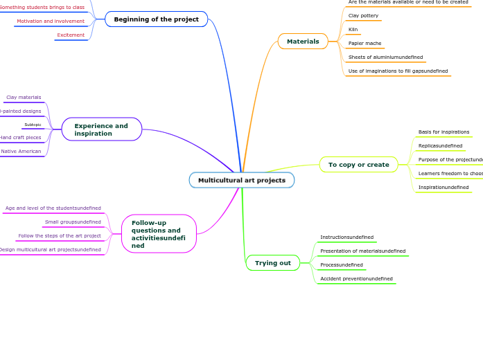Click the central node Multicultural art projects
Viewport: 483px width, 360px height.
click(241, 180)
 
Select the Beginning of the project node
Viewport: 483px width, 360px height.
click(156, 19)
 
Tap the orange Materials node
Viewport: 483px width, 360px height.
click(303, 42)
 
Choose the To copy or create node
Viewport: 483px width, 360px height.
click(358, 165)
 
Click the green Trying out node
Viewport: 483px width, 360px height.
click(272, 263)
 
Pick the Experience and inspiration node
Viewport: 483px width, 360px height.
click(101, 129)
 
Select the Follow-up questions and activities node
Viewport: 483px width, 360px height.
click(159, 234)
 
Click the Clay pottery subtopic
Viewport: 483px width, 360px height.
click(363, 15)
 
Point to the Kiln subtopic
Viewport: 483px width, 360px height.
click(353, 30)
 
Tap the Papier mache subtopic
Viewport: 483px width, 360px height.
click(365, 43)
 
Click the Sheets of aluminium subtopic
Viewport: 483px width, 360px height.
click(385, 57)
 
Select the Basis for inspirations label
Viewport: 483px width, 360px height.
click(444, 132)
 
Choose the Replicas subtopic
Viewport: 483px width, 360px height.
click(440, 145)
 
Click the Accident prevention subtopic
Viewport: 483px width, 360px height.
click(356, 278)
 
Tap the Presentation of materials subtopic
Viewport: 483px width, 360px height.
click(362, 251)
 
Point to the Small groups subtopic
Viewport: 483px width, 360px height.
click(73, 222)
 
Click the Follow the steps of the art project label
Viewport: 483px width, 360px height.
click(60, 235)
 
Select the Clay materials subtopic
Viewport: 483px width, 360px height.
click(24, 98)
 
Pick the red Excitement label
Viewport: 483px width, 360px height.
click(71, 35)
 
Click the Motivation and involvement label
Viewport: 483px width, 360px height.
click(51, 21)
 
